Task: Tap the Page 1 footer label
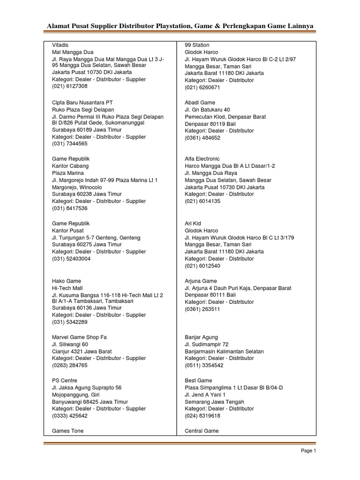[x=308, y=451]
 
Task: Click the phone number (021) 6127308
[x=69, y=86]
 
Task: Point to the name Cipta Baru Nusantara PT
[x=82, y=102]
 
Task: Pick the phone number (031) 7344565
[x=69, y=144]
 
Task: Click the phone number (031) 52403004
[x=71, y=259]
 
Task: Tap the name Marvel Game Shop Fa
[x=79, y=337]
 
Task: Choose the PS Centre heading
[x=65, y=380]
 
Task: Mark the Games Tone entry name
[x=67, y=431]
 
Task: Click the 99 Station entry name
[x=197, y=45]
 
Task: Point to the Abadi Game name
[x=200, y=102]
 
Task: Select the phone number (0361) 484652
[x=202, y=138]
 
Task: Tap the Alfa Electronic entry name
[x=202, y=159]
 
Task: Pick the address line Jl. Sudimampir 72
[x=207, y=345]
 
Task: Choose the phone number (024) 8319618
[x=202, y=416]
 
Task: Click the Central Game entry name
[x=202, y=431]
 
